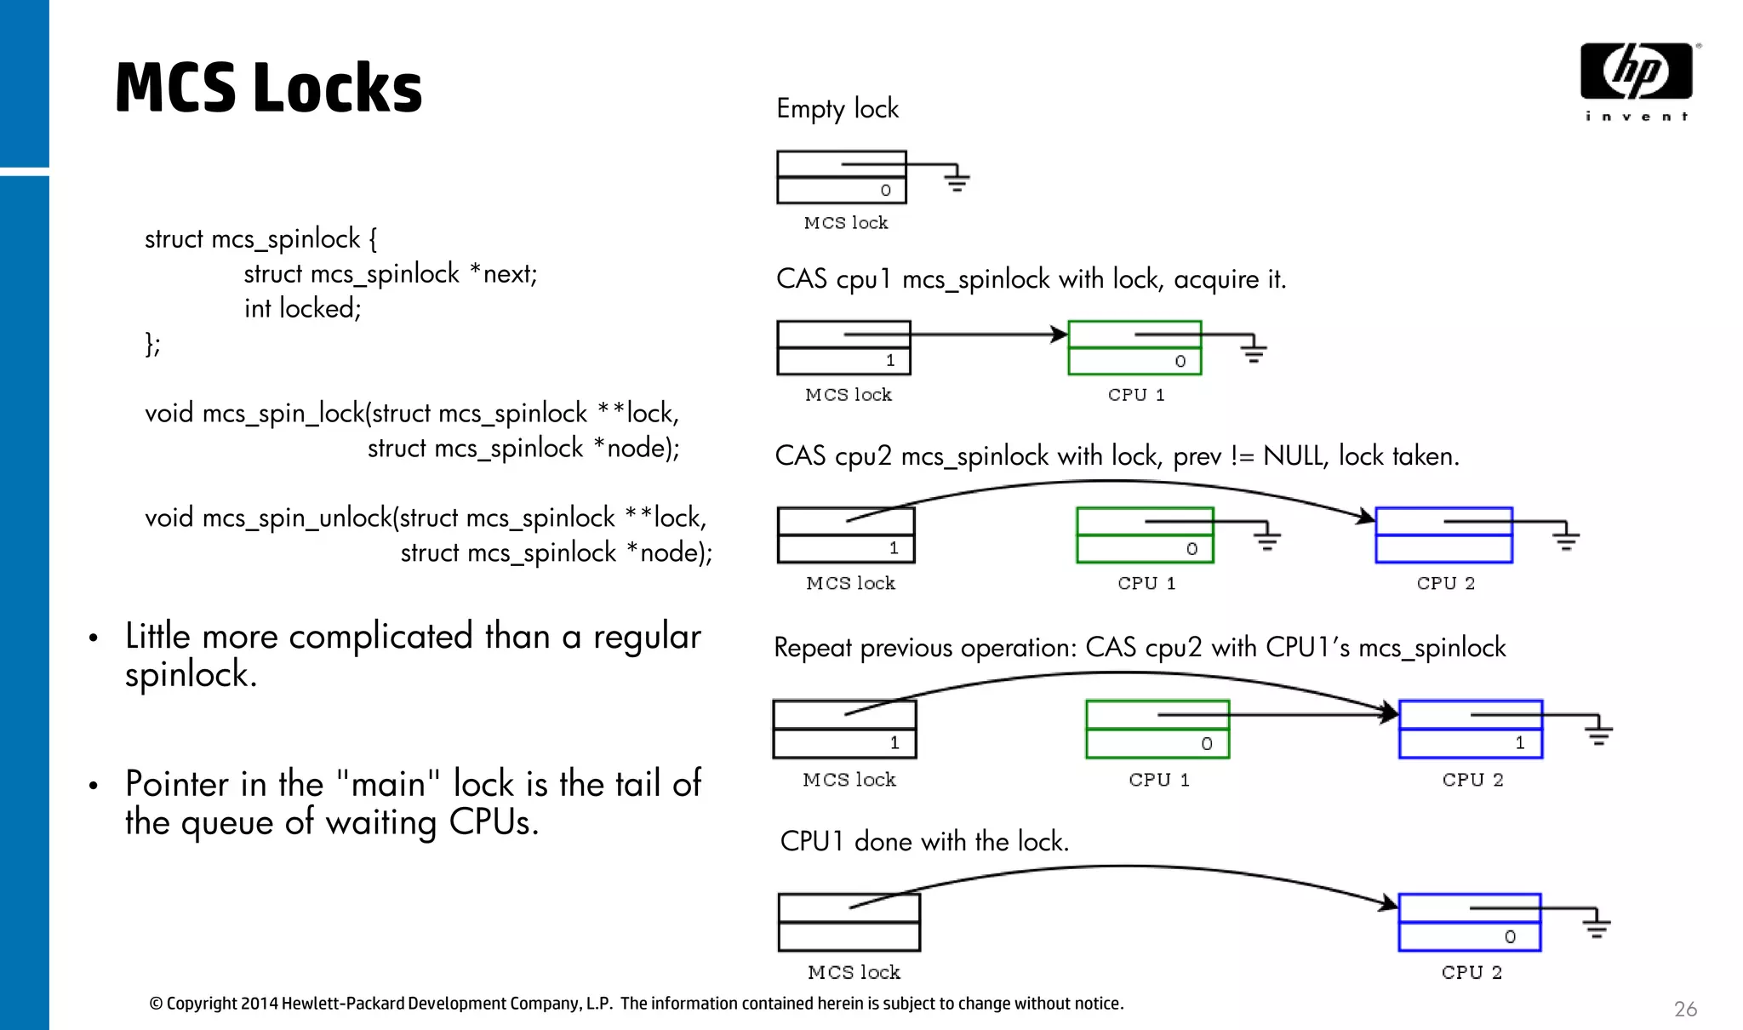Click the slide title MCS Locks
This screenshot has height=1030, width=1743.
pyautogui.click(x=268, y=88)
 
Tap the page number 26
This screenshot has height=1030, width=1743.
pyautogui.click(x=1684, y=1009)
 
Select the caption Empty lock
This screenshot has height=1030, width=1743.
pyautogui.click(x=837, y=109)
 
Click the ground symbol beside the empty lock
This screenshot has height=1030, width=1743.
pyautogui.click(x=957, y=180)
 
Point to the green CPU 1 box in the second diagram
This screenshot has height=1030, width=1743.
pyautogui.click(x=1134, y=348)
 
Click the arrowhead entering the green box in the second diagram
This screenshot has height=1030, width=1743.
pyautogui.click(x=1059, y=335)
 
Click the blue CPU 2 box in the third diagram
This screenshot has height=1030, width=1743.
pyautogui.click(x=1443, y=535)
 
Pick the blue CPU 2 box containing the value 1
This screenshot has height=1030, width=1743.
pyautogui.click(x=1471, y=730)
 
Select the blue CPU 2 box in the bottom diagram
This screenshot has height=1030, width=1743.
pyautogui.click(x=1470, y=923)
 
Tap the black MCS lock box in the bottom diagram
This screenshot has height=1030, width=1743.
pyautogui.click(x=849, y=923)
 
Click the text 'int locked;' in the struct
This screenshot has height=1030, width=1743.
pyautogui.click(x=302, y=308)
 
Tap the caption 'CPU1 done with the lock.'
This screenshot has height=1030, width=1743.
pyautogui.click(x=924, y=842)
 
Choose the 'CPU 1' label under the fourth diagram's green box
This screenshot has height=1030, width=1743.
pyautogui.click(x=1158, y=780)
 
